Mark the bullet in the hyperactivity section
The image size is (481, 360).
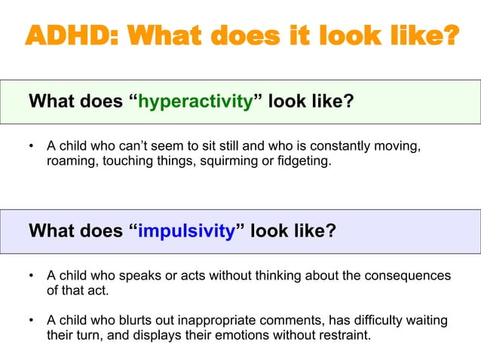tap(31, 143)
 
